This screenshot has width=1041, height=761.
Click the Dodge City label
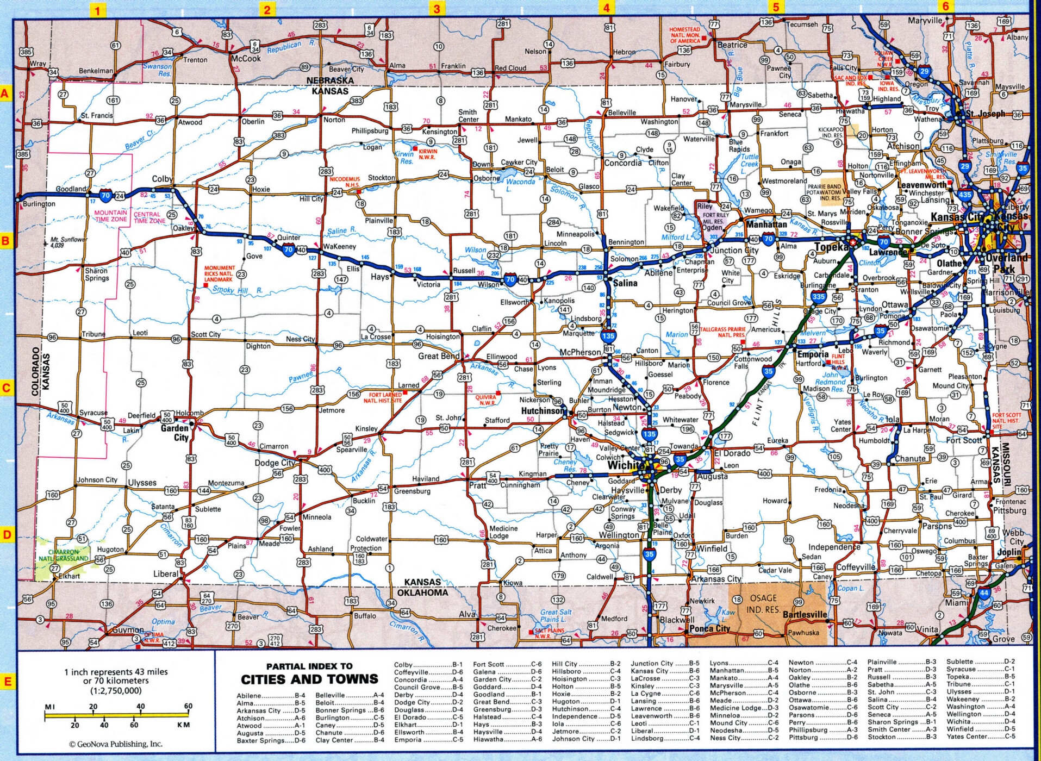coord(275,463)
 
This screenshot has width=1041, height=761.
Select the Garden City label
coord(174,433)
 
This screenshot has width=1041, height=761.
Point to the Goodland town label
coord(71,189)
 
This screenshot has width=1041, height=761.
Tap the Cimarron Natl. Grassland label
coord(63,555)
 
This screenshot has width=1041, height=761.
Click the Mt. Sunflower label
coord(68,242)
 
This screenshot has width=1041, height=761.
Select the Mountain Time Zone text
coord(111,216)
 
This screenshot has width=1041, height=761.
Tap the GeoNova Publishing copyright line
coord(115,744)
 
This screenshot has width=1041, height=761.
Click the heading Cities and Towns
coord(309,679)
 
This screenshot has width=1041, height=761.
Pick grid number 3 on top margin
coord(437,8)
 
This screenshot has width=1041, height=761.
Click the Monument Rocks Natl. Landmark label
coord(219,273)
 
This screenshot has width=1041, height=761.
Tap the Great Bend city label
coord(438,356)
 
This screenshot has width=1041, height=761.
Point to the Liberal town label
coord(165,573)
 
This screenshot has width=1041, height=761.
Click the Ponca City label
coord(709,628)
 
